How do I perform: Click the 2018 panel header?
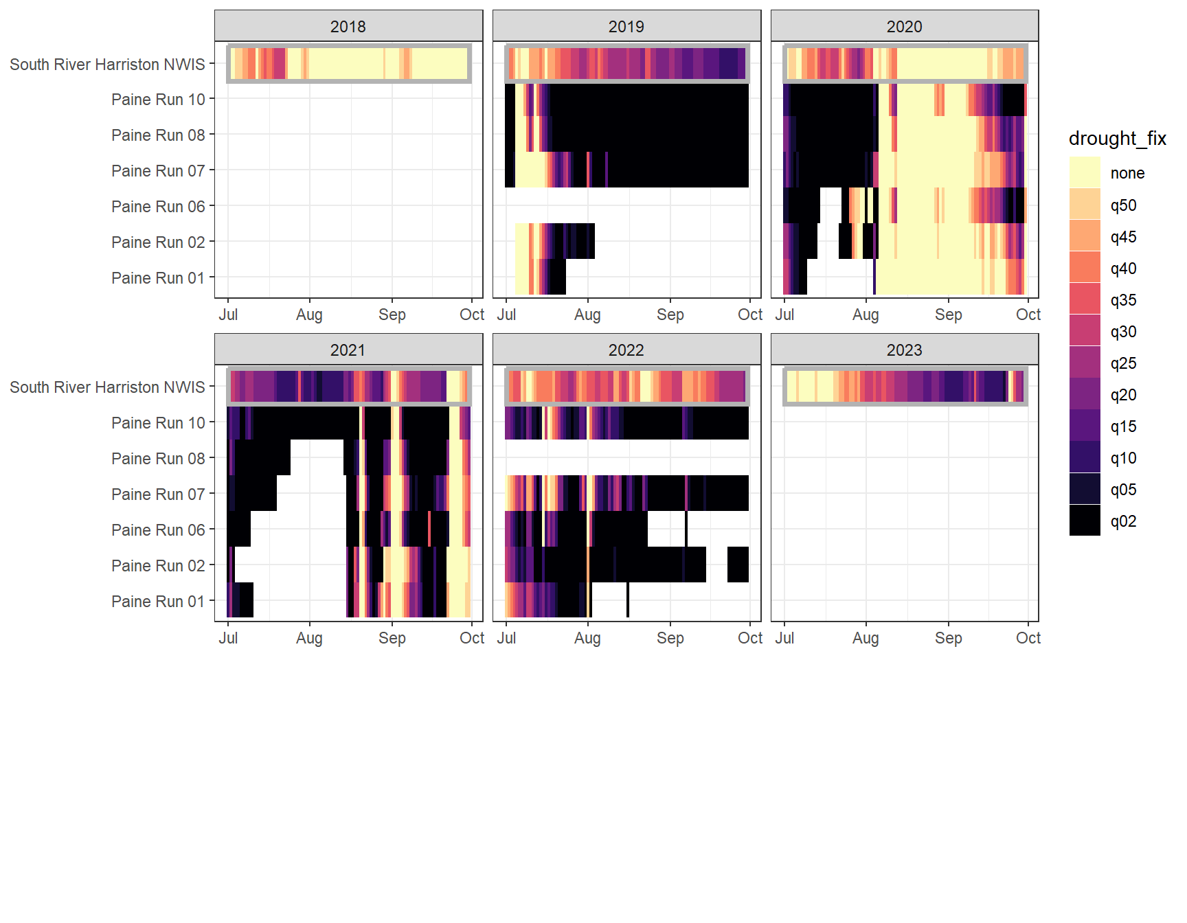pyautogui.click(x=348, y=27)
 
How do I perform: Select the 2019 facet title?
pyautogui.click(x=626, y=27)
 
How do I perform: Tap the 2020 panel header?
pyautogui.click(x=904, y=27)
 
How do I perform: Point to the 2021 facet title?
pyautogui.click(x=348, y=350)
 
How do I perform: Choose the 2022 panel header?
pyautogui.click(x=626, y=350)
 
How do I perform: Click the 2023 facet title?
pyautogui.click(x=904, y=350)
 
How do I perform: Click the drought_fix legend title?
pyautogui.click(x=1117, y=139)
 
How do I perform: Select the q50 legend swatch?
pyautogui.click(x=1085, y=205)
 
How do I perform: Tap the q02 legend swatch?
pyautogui.click(x=1085, y=521)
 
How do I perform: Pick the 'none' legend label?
pyautogui.click(x=1127, y=173)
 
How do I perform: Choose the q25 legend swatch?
pyautogui.click(x=1085, y=363)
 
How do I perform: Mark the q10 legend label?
pyautogui.click(x=1123, y=458)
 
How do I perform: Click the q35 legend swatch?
pyautogui.click(x=1085, y=299)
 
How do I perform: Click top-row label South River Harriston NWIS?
pyautogui.click(x=107, y=65)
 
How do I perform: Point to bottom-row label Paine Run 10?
pyautogui.click(x=158, y=423)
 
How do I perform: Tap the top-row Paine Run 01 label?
pyautogui.click(x=158, y=278)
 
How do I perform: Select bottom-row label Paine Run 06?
pyautogui.click(x=158, y=530)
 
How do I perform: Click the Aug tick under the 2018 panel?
pyautogui.click(x=309, y=315)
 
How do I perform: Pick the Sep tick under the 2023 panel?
pyautogui.click(x=948, y=638)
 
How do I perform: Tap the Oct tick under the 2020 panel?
pyautogui.click(x=1028, y=315)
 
